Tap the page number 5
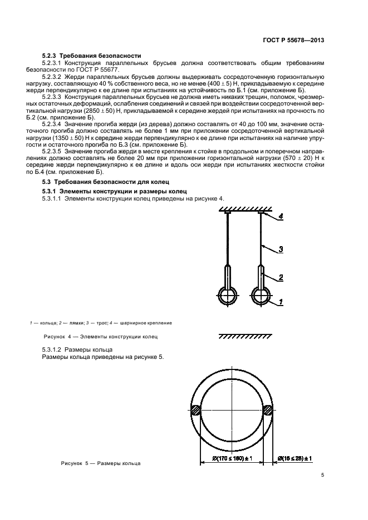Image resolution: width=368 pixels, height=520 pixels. [323, 474]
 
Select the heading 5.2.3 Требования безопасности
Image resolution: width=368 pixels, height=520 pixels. [92, 56]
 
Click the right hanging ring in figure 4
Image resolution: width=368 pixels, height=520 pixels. [261, 296]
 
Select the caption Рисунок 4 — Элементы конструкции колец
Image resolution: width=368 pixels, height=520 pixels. [101, 336]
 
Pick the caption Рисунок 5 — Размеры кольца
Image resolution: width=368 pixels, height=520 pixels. [101, 463]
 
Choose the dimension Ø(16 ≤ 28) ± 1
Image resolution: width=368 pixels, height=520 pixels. [294, 458]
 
